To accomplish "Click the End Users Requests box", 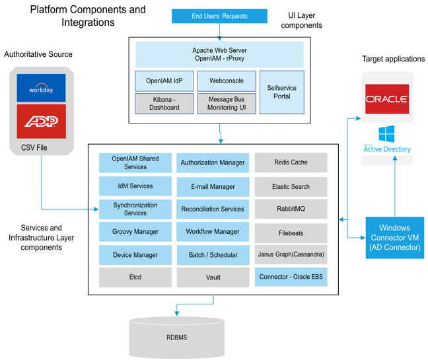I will pos(219,17).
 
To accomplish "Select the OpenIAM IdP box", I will pos(164,81).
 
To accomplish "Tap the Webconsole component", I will pos(227,81).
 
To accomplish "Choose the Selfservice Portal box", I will pos(281,92).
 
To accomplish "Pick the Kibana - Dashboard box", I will pos(164,103).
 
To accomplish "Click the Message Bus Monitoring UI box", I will pos(227,103).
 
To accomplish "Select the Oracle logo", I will pos(387,99).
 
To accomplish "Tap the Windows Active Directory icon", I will pos(387,139).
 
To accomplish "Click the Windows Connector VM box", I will pos(395,237).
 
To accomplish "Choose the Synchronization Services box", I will pos(135,209).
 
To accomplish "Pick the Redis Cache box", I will pos(291,162).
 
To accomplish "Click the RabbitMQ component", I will pos(291,209).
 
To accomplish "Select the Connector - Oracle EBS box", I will pos(291,277).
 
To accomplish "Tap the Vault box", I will pos(213,277).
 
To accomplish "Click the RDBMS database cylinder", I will pos(176,337).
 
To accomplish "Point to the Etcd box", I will pos(135,277).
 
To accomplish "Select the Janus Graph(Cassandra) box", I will pos(291,254).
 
